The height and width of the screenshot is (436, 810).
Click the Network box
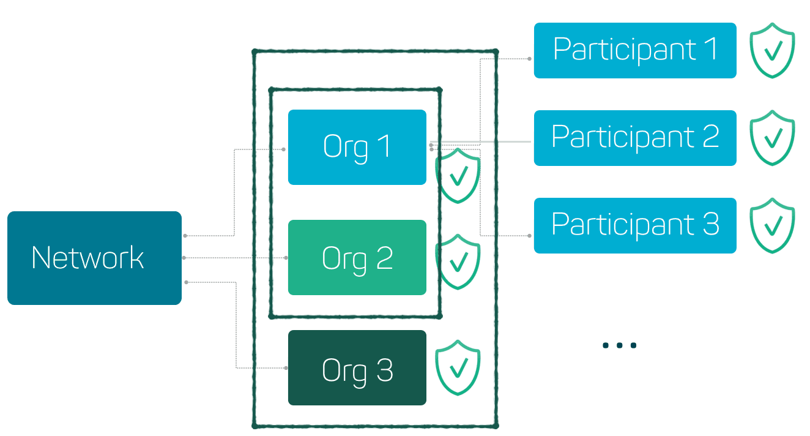[94, 258]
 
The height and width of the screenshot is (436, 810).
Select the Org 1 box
[357, 147]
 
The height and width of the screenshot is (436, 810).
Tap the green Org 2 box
[357, 258]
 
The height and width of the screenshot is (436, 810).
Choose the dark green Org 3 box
[357, 368]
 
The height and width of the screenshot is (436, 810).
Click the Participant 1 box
[634, 50]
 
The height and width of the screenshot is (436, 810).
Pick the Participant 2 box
[634, 138]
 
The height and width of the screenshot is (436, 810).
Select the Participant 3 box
[634, 225]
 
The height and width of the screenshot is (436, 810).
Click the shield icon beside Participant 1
[772, 50]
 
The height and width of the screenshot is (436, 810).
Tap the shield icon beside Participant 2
[772, 138]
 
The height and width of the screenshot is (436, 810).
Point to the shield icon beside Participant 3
[772, 225]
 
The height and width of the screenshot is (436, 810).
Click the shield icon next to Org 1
[458, 176]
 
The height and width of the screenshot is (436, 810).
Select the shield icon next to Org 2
[458, 261]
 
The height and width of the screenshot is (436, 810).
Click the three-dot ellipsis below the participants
[619, 345]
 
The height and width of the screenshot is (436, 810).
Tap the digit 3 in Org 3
[384, 370]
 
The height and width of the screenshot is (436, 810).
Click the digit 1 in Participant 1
[710, 49]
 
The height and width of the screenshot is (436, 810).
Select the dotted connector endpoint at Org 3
[286, 368]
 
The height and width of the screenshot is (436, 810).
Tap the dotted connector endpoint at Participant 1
[529, 59]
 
